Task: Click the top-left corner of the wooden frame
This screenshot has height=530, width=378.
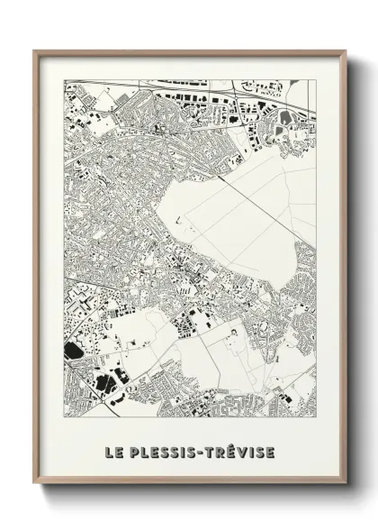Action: coord(35,50)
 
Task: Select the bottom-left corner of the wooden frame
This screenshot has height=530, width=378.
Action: coord(35,485)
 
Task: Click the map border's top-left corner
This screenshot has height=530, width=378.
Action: coord(64,80)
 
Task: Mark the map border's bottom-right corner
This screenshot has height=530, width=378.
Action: coord(317,422)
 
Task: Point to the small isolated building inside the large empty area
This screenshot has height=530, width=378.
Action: coord(179,218)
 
